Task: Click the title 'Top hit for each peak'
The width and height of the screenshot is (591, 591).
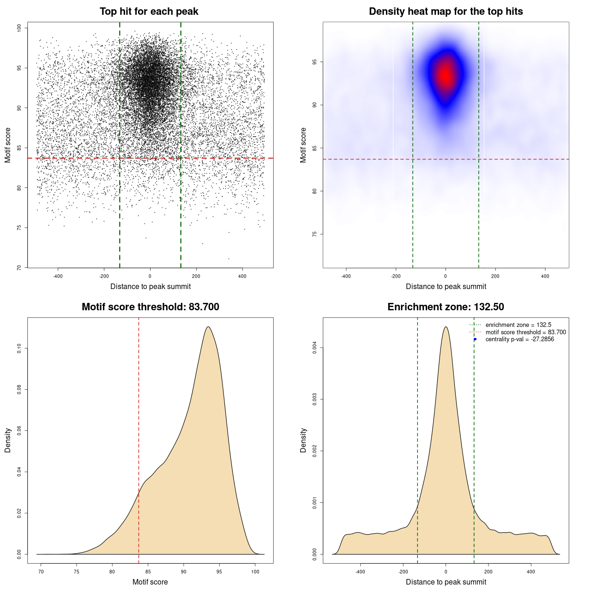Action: [149, 12]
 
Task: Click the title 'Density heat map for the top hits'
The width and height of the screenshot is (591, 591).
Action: [446, 12]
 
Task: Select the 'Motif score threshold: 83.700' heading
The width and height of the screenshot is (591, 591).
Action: [150, 307]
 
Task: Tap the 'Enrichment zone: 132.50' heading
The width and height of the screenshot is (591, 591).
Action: [446, 307]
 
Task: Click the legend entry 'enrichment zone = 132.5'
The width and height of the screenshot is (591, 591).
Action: [518, 325]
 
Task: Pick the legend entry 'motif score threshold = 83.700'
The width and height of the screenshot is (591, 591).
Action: [525, 332]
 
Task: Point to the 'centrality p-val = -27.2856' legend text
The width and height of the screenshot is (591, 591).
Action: [519, 339]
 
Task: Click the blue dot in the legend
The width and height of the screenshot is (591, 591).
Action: [475, 339]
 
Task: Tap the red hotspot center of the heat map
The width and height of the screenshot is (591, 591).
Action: [445, 75]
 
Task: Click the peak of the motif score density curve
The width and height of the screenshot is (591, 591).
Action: [208, 327]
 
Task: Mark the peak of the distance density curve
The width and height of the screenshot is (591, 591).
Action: [446, 327]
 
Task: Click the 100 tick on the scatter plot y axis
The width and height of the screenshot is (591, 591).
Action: [19, 28]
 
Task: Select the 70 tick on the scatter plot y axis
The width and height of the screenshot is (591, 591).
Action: [19, 267]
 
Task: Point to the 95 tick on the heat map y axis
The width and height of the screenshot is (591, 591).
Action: [315, 62]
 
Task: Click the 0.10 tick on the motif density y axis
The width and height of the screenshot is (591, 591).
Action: [19, 349]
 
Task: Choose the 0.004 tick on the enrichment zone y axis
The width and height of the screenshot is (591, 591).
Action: [315, 348]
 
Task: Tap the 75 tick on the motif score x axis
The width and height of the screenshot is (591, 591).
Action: [77, 572]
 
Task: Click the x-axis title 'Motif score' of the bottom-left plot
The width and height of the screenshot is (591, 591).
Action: [150, 582]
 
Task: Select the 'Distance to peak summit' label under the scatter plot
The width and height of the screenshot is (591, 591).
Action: [151, 286]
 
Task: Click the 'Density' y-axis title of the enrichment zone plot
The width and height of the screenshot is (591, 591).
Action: [303, 440]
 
